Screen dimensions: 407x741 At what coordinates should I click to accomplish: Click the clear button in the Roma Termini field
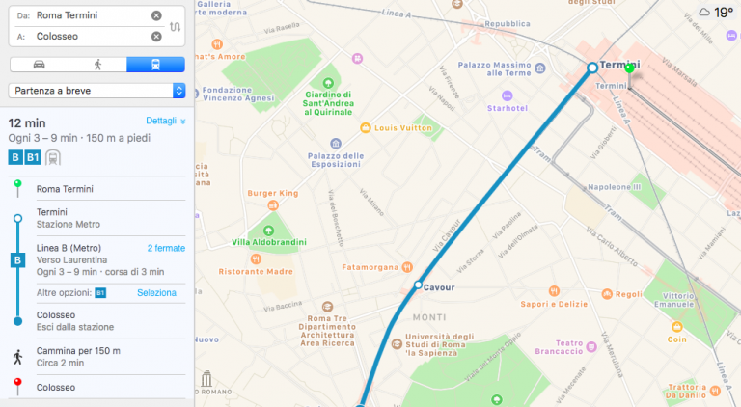[156, 16]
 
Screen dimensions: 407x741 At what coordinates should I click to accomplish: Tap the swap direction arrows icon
[175, 26]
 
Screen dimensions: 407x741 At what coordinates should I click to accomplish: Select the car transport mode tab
[39, 65]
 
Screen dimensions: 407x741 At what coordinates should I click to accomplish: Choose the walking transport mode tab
[97, 65]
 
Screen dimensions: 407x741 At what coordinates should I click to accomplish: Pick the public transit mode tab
[155, 65]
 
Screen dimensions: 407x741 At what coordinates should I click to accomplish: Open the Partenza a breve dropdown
[96, 90]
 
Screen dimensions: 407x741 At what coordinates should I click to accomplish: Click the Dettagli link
[164, 122]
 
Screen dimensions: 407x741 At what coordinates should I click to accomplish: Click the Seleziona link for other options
[156, 292]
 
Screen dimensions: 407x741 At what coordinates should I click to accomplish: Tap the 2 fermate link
[166, 248]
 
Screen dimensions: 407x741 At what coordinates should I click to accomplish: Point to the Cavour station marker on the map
[418, 285]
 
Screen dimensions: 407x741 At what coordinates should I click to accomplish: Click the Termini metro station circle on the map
[592, 68]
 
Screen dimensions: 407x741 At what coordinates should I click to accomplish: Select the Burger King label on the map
[273, 193]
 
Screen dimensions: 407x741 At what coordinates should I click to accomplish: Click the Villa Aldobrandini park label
[267, 241]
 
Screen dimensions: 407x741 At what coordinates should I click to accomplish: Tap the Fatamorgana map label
[371, 266]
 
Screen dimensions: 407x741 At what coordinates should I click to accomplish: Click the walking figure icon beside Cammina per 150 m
[17, 357]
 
